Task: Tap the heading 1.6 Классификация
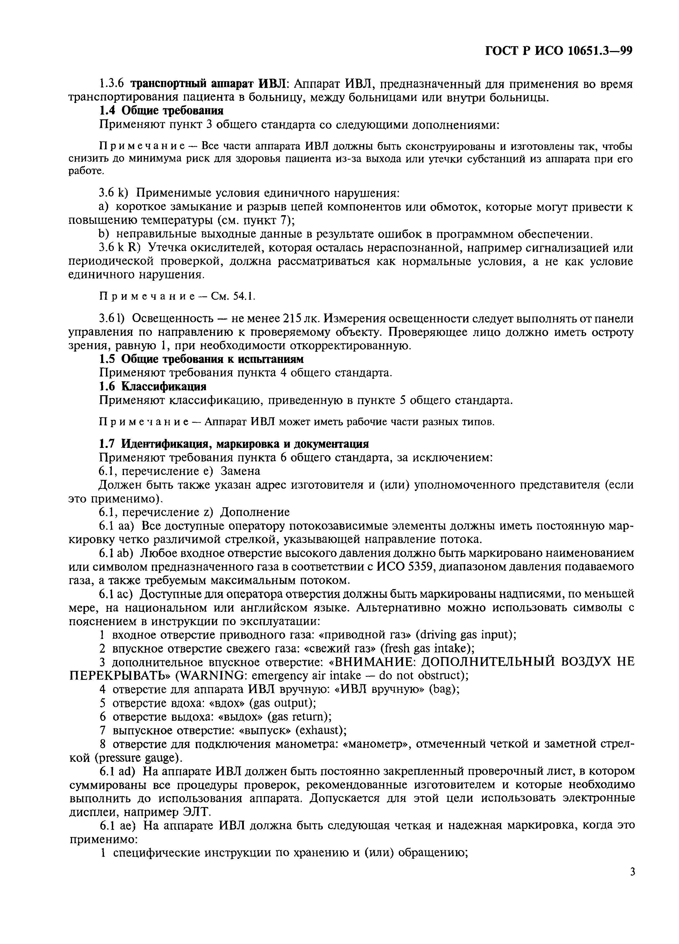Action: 153,386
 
